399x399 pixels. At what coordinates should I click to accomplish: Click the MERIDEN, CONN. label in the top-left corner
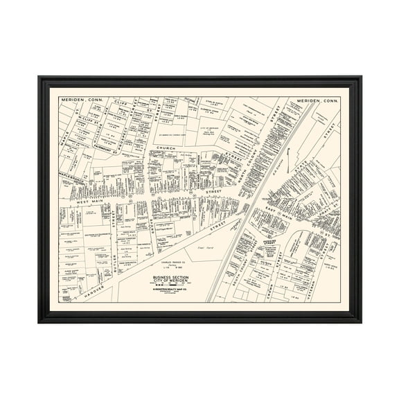(x=82, y=102)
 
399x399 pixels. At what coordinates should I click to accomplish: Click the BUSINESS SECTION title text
(x=172, y=276)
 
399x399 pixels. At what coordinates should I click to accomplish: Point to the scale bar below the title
(x=172, y=285)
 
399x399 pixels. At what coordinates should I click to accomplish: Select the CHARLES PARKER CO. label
(x=172, y=262)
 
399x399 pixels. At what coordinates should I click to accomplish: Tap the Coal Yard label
(x=205, y=245)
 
